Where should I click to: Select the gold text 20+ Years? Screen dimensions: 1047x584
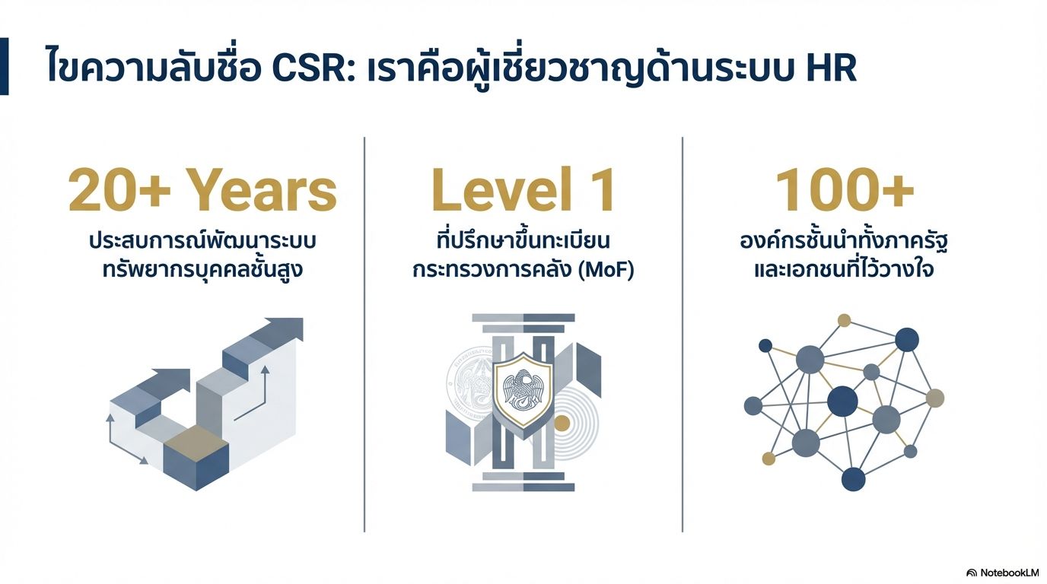pos(202,191)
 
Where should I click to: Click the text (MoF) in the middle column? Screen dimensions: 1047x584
pos(606,270)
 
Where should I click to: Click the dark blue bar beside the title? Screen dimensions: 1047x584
pos(5,66)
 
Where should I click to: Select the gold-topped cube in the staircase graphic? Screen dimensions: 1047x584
pos(196,457)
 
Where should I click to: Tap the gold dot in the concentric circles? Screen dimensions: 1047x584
pos(562,424)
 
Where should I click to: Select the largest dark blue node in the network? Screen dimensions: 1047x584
pos(842,401)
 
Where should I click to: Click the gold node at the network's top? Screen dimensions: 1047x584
pos(844,320)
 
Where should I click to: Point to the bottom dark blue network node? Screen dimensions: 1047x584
pos(853,479)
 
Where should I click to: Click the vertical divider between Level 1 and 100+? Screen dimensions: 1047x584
pos(683,335)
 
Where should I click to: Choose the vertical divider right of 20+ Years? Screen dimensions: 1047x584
pos(364,335)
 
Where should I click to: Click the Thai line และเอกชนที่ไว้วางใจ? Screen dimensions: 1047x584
pos(844,270)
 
